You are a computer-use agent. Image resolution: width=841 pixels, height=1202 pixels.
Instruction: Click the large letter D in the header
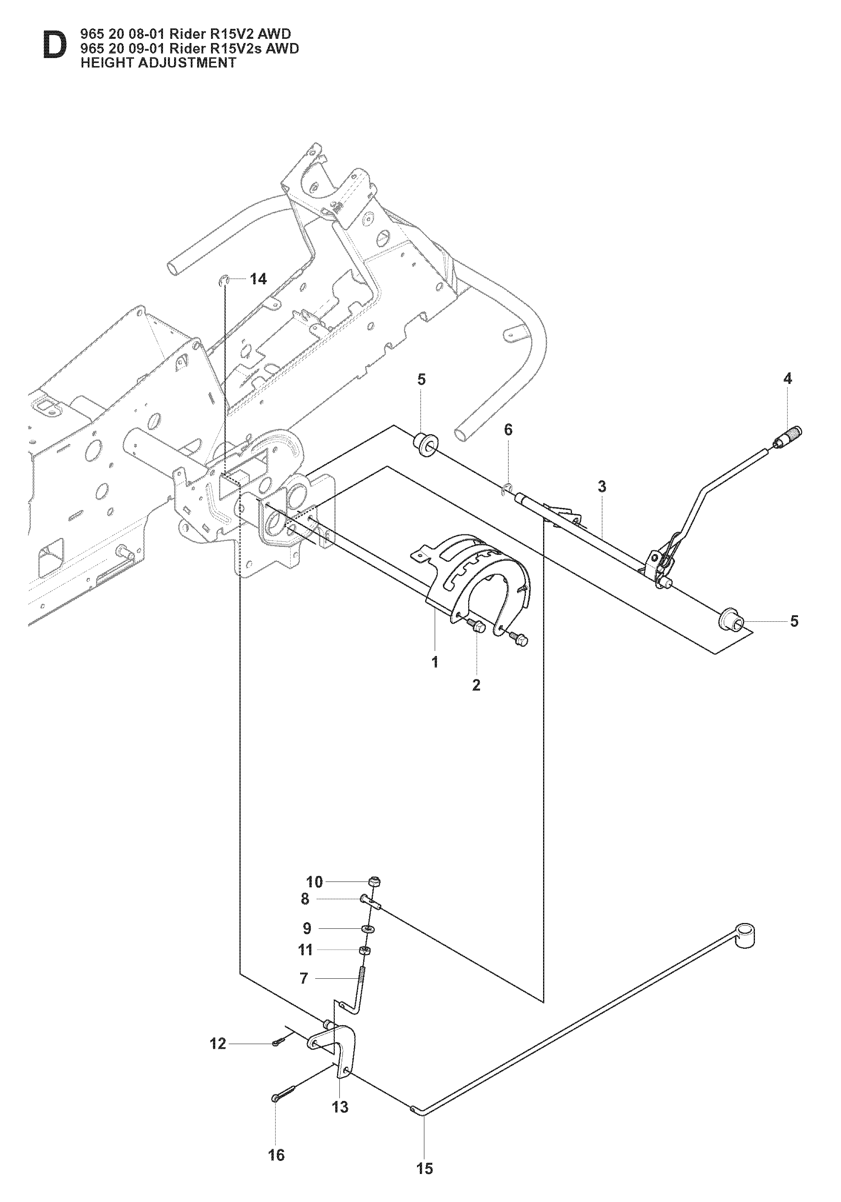click(x=55, y=46)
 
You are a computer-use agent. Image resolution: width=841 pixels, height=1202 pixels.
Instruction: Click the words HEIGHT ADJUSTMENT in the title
click(x=158, y=63)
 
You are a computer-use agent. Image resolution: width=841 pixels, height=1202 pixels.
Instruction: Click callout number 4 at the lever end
click(x=788, y=378)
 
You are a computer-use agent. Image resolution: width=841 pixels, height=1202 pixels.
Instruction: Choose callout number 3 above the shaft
click(x=602, y=486)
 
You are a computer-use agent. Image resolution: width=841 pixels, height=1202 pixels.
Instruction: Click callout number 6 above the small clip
click(x=508, y=430)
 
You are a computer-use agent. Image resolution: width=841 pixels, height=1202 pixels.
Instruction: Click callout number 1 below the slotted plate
click(x=435, y=662)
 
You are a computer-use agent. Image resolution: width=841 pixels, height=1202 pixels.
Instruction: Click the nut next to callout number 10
click(x=375, y=882)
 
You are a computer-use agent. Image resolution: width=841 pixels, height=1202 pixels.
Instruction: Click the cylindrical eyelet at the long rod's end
click(x=745, y=935)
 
